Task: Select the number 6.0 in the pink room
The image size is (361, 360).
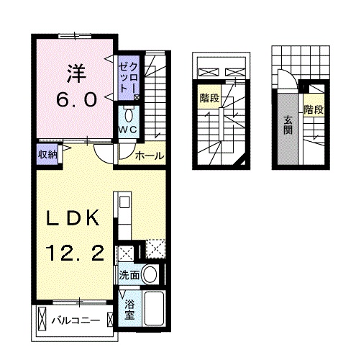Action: pos(76,100)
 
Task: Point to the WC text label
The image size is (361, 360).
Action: pos(128,129)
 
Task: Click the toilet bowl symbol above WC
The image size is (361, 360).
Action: pos(128,114)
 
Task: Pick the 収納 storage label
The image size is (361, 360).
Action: pos(48,153)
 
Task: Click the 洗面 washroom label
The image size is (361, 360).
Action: pos(129,274)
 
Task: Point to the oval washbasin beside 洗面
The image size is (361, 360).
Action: pos(150,274)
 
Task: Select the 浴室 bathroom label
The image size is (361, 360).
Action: pos(129,309)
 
